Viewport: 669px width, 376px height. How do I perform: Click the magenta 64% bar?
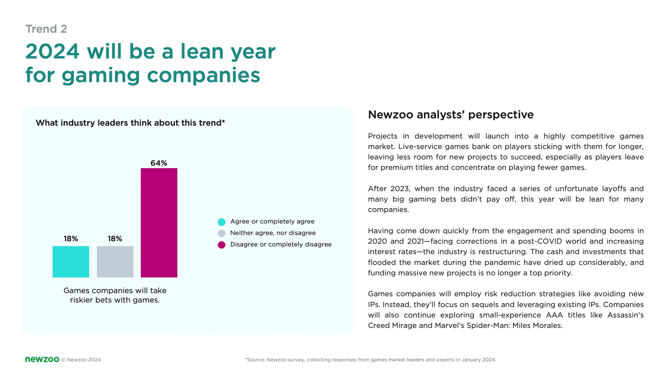coord(159,223)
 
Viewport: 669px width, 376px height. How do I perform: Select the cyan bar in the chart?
coord(71,262)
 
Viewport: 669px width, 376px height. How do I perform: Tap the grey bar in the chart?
coord(115,262)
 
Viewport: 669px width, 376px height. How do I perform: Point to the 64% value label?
coord(159,163)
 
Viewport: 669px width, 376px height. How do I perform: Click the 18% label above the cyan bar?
coord(71,239)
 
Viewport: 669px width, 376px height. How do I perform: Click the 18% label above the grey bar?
coord(115,239)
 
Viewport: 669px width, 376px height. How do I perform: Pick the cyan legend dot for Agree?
coord(222,222)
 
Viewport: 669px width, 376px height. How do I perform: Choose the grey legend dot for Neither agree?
coord(222,233)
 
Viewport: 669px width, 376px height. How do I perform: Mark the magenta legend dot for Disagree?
coord(222,245)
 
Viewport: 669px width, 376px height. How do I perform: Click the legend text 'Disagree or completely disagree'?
coord(281,244)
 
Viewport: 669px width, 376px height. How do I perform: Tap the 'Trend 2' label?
coord(46,29)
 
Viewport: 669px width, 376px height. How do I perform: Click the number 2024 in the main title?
coord(53,52)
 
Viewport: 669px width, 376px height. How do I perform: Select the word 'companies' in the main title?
coord(203,75)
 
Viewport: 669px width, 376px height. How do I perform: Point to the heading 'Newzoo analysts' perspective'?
coord(451,115)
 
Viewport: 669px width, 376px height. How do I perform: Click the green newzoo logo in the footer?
coord(42,359)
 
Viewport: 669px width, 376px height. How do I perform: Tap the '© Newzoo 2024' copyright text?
coord(81,360)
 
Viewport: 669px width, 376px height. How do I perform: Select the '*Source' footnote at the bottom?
coord(370,360)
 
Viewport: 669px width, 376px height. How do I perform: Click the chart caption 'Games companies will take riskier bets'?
coord(115,295)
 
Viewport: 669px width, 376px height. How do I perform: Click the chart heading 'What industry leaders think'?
coord(130,123)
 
